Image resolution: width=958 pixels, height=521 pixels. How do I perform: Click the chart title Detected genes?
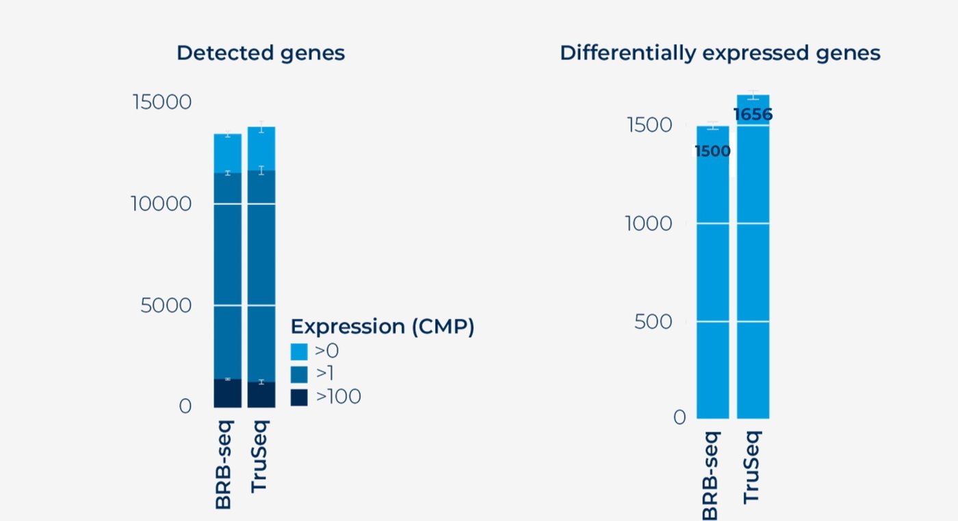click(260, 53)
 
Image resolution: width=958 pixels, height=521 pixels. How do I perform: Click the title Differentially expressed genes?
click(719, 53)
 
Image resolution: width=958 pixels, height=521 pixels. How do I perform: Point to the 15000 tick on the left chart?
click(162, 102)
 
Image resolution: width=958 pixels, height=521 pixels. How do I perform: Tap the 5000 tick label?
click(166, 305)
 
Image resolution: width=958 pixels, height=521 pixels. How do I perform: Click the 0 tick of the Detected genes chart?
click(185, 406)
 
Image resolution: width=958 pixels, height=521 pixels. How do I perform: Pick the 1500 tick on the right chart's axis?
click(649, 125)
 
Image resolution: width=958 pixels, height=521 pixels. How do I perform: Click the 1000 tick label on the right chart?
click(649, 224)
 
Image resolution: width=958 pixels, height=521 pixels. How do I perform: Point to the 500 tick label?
click(653, 321)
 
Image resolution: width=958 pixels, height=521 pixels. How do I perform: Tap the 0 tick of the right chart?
click(679, 417)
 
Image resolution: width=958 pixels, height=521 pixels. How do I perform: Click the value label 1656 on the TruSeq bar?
click(753, 115)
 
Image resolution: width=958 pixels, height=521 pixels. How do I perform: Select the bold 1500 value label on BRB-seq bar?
click(712, 151)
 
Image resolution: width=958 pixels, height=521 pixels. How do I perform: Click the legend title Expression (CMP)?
click(382, 327)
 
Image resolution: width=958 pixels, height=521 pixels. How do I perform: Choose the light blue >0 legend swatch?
click(299, 351)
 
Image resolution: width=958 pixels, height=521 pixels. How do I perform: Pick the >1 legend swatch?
click(299, 374)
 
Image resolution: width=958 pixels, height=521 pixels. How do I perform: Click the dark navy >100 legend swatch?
click(299, 397)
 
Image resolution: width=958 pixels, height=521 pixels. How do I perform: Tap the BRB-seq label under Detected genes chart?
click(224, 465)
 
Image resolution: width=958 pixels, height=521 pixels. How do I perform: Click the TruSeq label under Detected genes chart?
click(259, 456)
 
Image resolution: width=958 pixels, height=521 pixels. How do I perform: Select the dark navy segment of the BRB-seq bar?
click(228, 393)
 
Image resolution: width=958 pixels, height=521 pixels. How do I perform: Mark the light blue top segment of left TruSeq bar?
click(261, 148)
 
